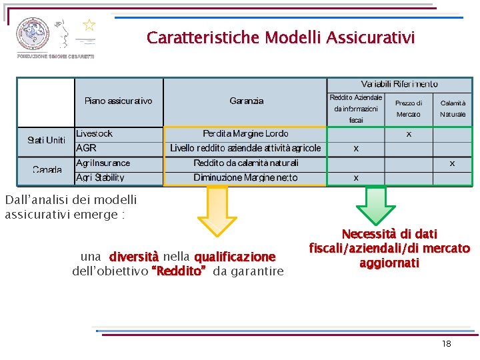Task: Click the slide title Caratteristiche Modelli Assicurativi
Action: point(281,37)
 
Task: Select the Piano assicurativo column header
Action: point(118,101)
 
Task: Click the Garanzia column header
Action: point(246,101)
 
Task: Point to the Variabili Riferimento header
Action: point(399,84)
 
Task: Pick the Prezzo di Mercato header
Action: point(409,109)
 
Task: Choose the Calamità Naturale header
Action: point(453,109)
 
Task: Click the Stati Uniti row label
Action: point(46,140)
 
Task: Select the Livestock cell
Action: point(95,133)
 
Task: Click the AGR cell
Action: point(87,147)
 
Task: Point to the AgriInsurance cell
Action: point(103,163)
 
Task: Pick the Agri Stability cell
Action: point(100,177)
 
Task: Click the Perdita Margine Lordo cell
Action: point(245,133)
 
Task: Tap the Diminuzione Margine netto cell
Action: point(245,177)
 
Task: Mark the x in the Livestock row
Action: point(409,134)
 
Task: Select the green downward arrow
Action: point(377,205)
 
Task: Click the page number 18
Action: point(446,343)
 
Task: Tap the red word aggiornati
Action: point(389,263)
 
